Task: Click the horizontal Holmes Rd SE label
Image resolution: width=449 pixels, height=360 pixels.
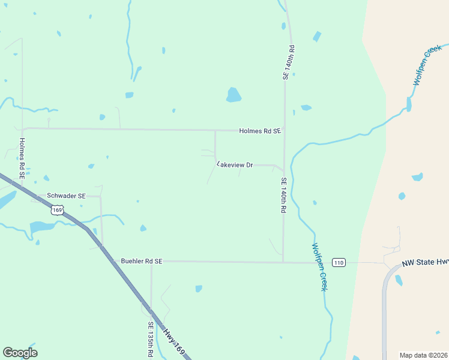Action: (x=259, y=131)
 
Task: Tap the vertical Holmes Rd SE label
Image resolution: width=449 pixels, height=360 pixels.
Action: (x=22, y=159)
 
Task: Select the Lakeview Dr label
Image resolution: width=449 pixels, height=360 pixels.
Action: (x=235, y=164)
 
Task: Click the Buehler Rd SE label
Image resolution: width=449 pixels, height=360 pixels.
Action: (x=142, y=262)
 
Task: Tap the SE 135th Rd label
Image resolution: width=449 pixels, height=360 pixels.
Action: (x=151, y=340)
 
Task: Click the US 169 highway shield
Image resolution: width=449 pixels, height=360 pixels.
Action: (x=58, y=210)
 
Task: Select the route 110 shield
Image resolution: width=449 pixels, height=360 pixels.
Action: (x=339, y=262)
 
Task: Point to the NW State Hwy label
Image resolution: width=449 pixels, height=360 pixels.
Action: (x=425, y=262)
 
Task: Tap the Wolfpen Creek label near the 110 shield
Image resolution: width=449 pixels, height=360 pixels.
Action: (x=319, y=267)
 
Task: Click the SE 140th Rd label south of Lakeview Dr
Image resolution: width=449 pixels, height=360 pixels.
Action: (x=284, y=196)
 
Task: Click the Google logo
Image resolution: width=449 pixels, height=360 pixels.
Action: (x=20, y=353)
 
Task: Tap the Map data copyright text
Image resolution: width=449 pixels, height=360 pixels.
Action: (x=423, y=355)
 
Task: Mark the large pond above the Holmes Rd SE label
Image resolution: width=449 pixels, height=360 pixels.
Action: (x=234, y=95)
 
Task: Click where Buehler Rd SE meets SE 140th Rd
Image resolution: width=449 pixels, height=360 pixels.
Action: (x=283, y=262)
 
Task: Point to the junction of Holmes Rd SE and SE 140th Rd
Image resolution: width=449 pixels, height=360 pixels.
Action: (x=284, y=131)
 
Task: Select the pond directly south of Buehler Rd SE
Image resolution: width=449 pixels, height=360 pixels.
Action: (x=199, y=289)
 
